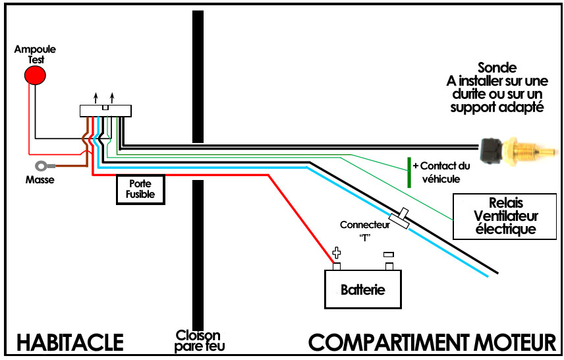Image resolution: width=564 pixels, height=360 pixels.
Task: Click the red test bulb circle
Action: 36,75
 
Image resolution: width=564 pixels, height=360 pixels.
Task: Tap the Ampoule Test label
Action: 36,53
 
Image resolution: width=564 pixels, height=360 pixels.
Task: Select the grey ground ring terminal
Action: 43,165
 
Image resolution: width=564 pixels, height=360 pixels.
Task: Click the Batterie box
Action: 362,289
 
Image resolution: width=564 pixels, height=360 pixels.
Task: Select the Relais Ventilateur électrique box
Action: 505,216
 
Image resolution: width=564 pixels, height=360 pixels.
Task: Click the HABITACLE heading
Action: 70,342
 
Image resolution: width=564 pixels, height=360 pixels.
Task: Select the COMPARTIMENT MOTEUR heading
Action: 432,342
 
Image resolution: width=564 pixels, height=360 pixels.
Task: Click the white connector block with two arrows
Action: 105,111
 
